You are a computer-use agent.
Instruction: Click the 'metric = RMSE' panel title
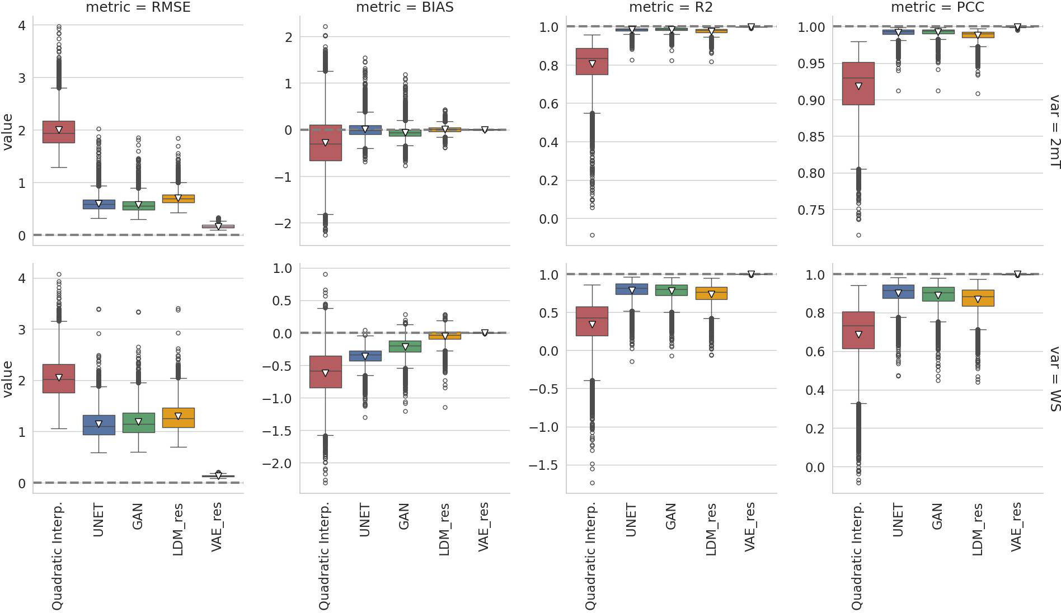[138, 7]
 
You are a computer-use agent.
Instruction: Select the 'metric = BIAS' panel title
[405, 7]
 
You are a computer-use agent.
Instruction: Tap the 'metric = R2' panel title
[671, 7]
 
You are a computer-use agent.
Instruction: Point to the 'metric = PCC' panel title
[937, 7]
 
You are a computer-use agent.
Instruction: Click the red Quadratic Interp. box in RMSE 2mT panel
[59, 132]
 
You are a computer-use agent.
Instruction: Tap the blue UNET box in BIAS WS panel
[365, 356]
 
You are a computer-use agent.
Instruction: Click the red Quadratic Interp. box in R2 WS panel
[592, 321]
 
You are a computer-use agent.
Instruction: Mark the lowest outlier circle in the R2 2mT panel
[592, 235]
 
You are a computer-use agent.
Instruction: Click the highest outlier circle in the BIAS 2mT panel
[325, 26]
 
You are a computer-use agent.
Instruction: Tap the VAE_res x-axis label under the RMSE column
[217, 526]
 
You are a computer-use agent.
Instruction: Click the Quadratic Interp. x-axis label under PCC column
[857, 555]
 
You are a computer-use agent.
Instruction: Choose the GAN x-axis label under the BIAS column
[405, 516]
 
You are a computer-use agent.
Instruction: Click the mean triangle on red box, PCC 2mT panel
[858, 86]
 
